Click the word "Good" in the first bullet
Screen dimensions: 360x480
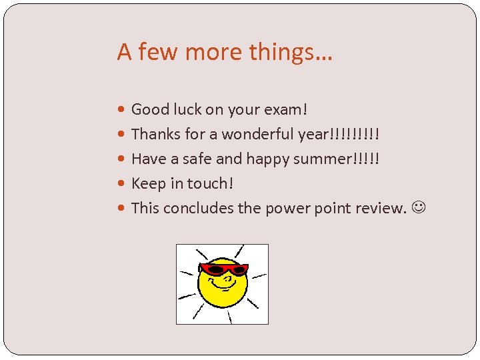(150, 109)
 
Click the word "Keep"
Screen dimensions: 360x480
(149, 183)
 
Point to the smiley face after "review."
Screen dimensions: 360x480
(418, 208)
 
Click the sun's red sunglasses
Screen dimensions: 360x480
(223, 269)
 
